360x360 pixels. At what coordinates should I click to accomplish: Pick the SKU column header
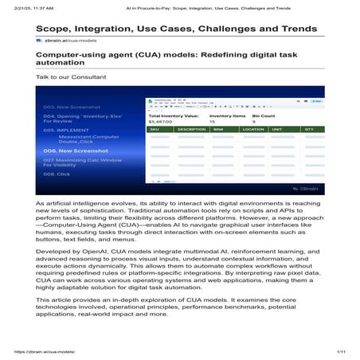tap(155, 129)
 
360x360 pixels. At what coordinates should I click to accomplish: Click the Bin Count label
tap(263, 116)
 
